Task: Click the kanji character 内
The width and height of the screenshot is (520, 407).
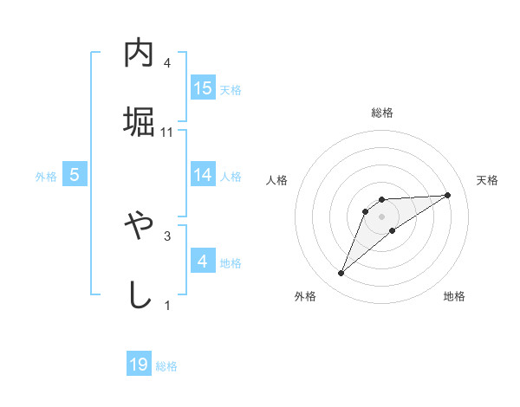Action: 139,54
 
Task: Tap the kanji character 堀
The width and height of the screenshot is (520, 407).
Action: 139,120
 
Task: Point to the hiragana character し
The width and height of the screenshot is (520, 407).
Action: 139,293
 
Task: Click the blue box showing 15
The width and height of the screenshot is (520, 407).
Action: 203,87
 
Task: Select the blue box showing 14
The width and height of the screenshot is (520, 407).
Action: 203,175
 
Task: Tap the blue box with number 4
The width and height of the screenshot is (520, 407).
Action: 203,261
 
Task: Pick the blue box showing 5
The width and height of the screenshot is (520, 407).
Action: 75,175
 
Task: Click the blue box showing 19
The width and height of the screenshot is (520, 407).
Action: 139,365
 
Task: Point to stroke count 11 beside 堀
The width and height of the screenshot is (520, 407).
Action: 167,132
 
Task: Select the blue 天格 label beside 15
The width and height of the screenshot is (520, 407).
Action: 231,89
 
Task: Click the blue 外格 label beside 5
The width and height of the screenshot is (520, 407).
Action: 46,177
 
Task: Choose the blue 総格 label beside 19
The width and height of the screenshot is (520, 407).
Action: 166,366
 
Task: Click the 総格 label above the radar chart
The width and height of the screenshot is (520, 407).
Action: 381,113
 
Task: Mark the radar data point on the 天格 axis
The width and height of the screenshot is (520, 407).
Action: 447,195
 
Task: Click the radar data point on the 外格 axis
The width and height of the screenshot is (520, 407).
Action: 341,274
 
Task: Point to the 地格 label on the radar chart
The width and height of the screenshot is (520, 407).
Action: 454,297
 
